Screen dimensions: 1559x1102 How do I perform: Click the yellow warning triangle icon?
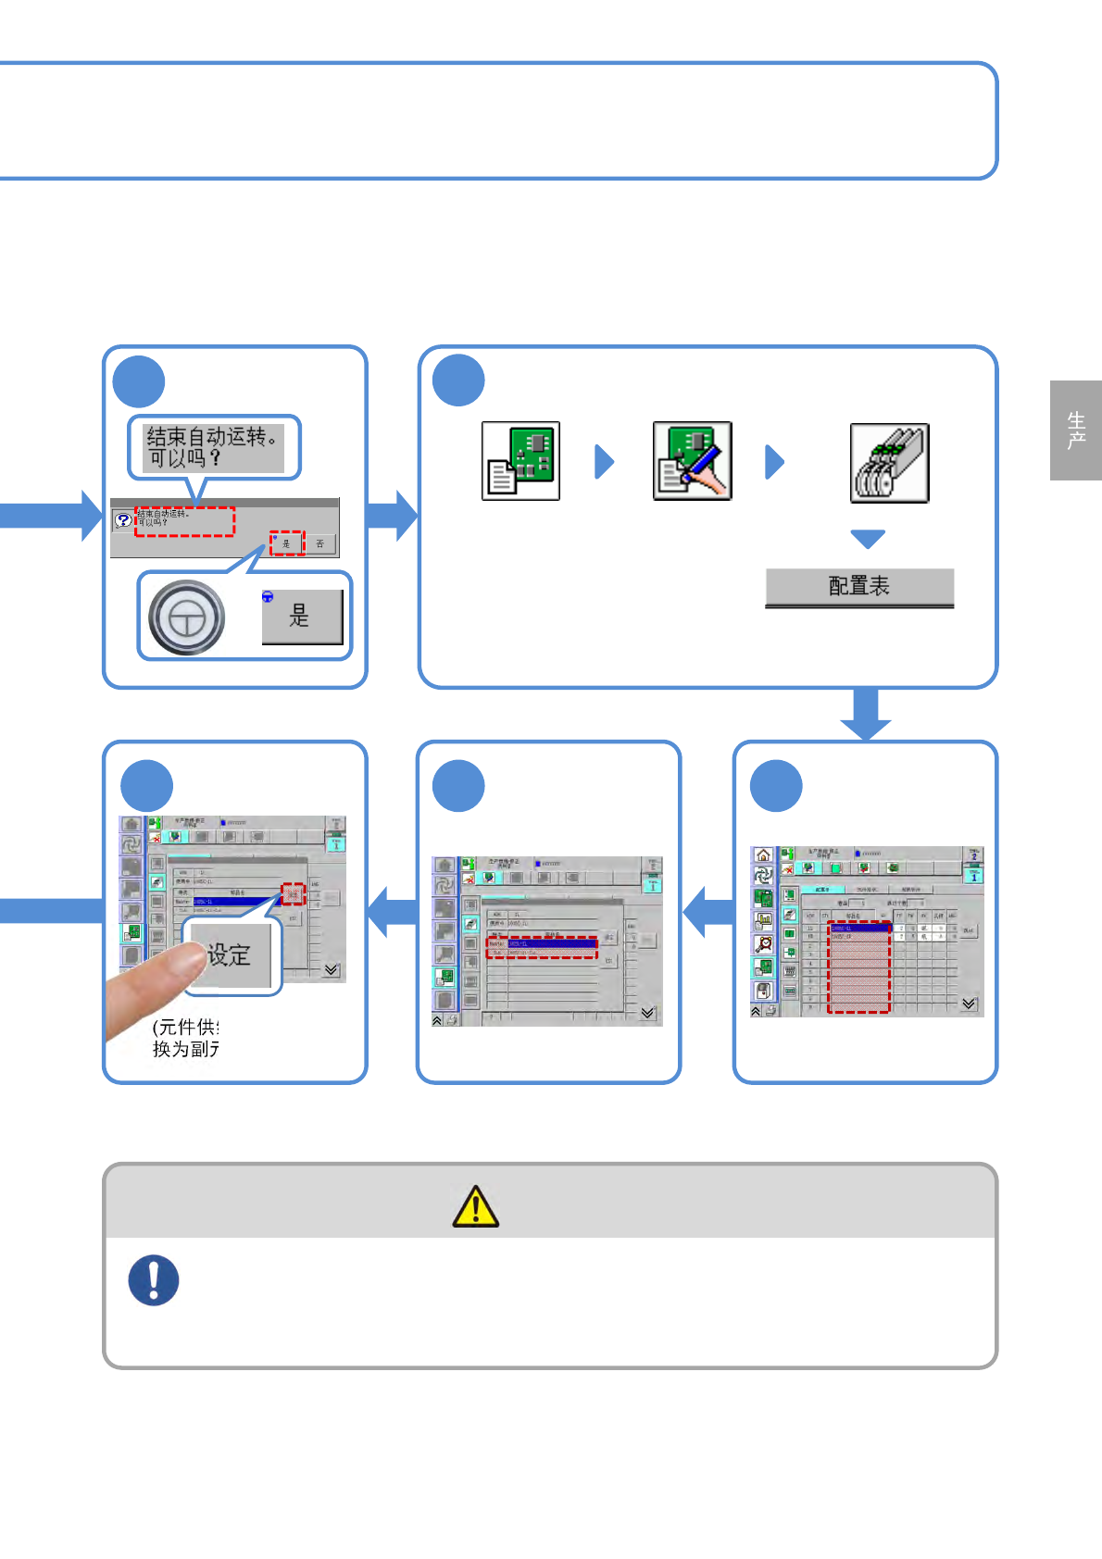[476, 1206]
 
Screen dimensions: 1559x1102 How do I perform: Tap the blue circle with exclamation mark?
[154, 1280]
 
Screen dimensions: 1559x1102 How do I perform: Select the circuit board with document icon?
[520, 461]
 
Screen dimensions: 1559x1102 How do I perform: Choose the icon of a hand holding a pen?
[692, 461]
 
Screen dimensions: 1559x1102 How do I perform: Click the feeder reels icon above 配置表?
[889, 463]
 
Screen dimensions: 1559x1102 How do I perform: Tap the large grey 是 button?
[302, 617]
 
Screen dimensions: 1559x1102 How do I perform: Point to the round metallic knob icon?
[187, 617]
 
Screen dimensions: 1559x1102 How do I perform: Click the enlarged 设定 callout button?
[230, 954]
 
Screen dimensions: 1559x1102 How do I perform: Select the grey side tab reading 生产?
[1075, 430]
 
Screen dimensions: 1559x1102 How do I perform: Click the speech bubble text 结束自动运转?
[213, 446]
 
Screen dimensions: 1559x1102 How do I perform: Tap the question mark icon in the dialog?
[123, 520]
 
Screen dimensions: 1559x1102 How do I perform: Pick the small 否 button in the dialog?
[319, 543]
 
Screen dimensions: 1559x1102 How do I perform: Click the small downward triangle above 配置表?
[868, 539]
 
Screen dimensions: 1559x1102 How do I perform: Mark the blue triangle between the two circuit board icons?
[604, 461]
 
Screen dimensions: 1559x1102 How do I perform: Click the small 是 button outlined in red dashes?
[286, 543]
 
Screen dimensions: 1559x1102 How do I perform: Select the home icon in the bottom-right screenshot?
[763, 854]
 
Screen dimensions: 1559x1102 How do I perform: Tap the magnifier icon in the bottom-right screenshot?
[763, 943]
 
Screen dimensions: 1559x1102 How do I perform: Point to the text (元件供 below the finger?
[185, 1027]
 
